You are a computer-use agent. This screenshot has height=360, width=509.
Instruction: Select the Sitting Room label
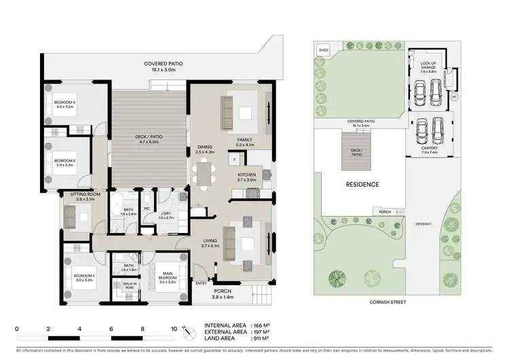click(x=85, y=196)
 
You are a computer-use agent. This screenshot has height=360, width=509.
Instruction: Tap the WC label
click(x=147, y=209)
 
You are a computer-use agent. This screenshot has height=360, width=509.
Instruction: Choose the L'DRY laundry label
click(x=166, y=215)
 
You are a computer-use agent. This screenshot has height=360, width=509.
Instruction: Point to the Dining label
click(x=204, y=149)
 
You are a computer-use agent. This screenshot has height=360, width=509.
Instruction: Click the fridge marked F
click(x=233, y=160)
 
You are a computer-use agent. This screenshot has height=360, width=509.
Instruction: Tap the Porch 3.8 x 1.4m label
click(x=222, y=295)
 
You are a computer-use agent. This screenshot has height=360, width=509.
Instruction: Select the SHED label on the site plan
click(x=323, y=50)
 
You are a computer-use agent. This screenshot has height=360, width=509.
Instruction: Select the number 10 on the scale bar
click(x=174, y=328)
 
